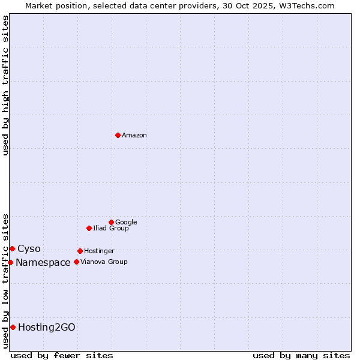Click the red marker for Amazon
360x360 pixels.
118,135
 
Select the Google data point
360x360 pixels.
111,222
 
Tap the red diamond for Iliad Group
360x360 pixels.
89,228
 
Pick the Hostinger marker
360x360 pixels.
80,251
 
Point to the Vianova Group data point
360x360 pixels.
76,262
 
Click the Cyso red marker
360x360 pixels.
12,248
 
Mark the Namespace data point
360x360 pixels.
10,262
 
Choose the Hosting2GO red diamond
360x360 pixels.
13,327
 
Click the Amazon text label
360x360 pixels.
134,136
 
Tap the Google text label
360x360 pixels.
126,223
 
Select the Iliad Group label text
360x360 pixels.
111,229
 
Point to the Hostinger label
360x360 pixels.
99,251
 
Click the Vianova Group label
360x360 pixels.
104,262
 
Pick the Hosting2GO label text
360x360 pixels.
47,327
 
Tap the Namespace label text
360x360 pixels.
43,262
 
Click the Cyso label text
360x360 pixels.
29,249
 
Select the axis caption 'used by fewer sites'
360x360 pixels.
62,355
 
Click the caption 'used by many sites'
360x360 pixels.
301,355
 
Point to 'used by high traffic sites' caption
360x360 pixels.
5,85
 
